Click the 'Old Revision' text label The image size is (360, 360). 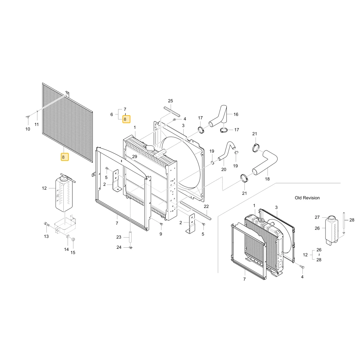pos(307,198)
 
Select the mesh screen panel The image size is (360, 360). pos(68,123)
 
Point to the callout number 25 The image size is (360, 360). pos(170,101)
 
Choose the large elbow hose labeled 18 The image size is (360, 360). pos(265,162)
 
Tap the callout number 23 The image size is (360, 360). pos(119,237)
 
